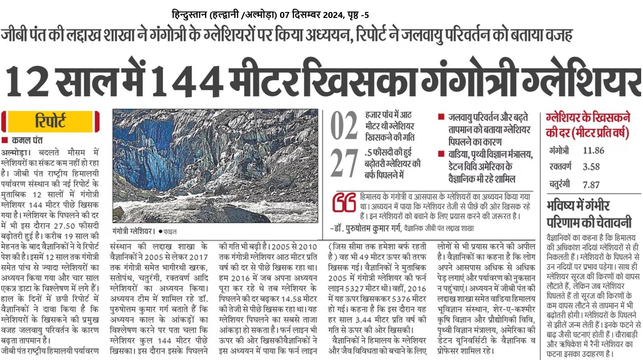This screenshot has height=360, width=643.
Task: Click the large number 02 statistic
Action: pos(344,126)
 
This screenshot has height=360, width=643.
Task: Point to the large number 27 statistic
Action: pos(344,163)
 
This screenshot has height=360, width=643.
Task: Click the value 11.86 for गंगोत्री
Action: pos(593,151)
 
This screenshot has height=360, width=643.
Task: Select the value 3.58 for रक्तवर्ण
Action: pos(591,167)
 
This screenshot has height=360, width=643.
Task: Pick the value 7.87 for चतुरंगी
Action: pos(591,185)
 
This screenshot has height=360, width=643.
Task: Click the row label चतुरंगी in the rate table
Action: pos(560,184)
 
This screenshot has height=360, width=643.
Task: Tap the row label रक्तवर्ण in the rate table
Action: pos(561,167)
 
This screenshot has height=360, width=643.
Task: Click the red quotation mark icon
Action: pos(344,203)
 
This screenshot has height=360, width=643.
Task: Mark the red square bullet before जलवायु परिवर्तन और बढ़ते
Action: pos(441,117)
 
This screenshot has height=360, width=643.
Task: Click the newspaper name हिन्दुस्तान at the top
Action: pos(189,15)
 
